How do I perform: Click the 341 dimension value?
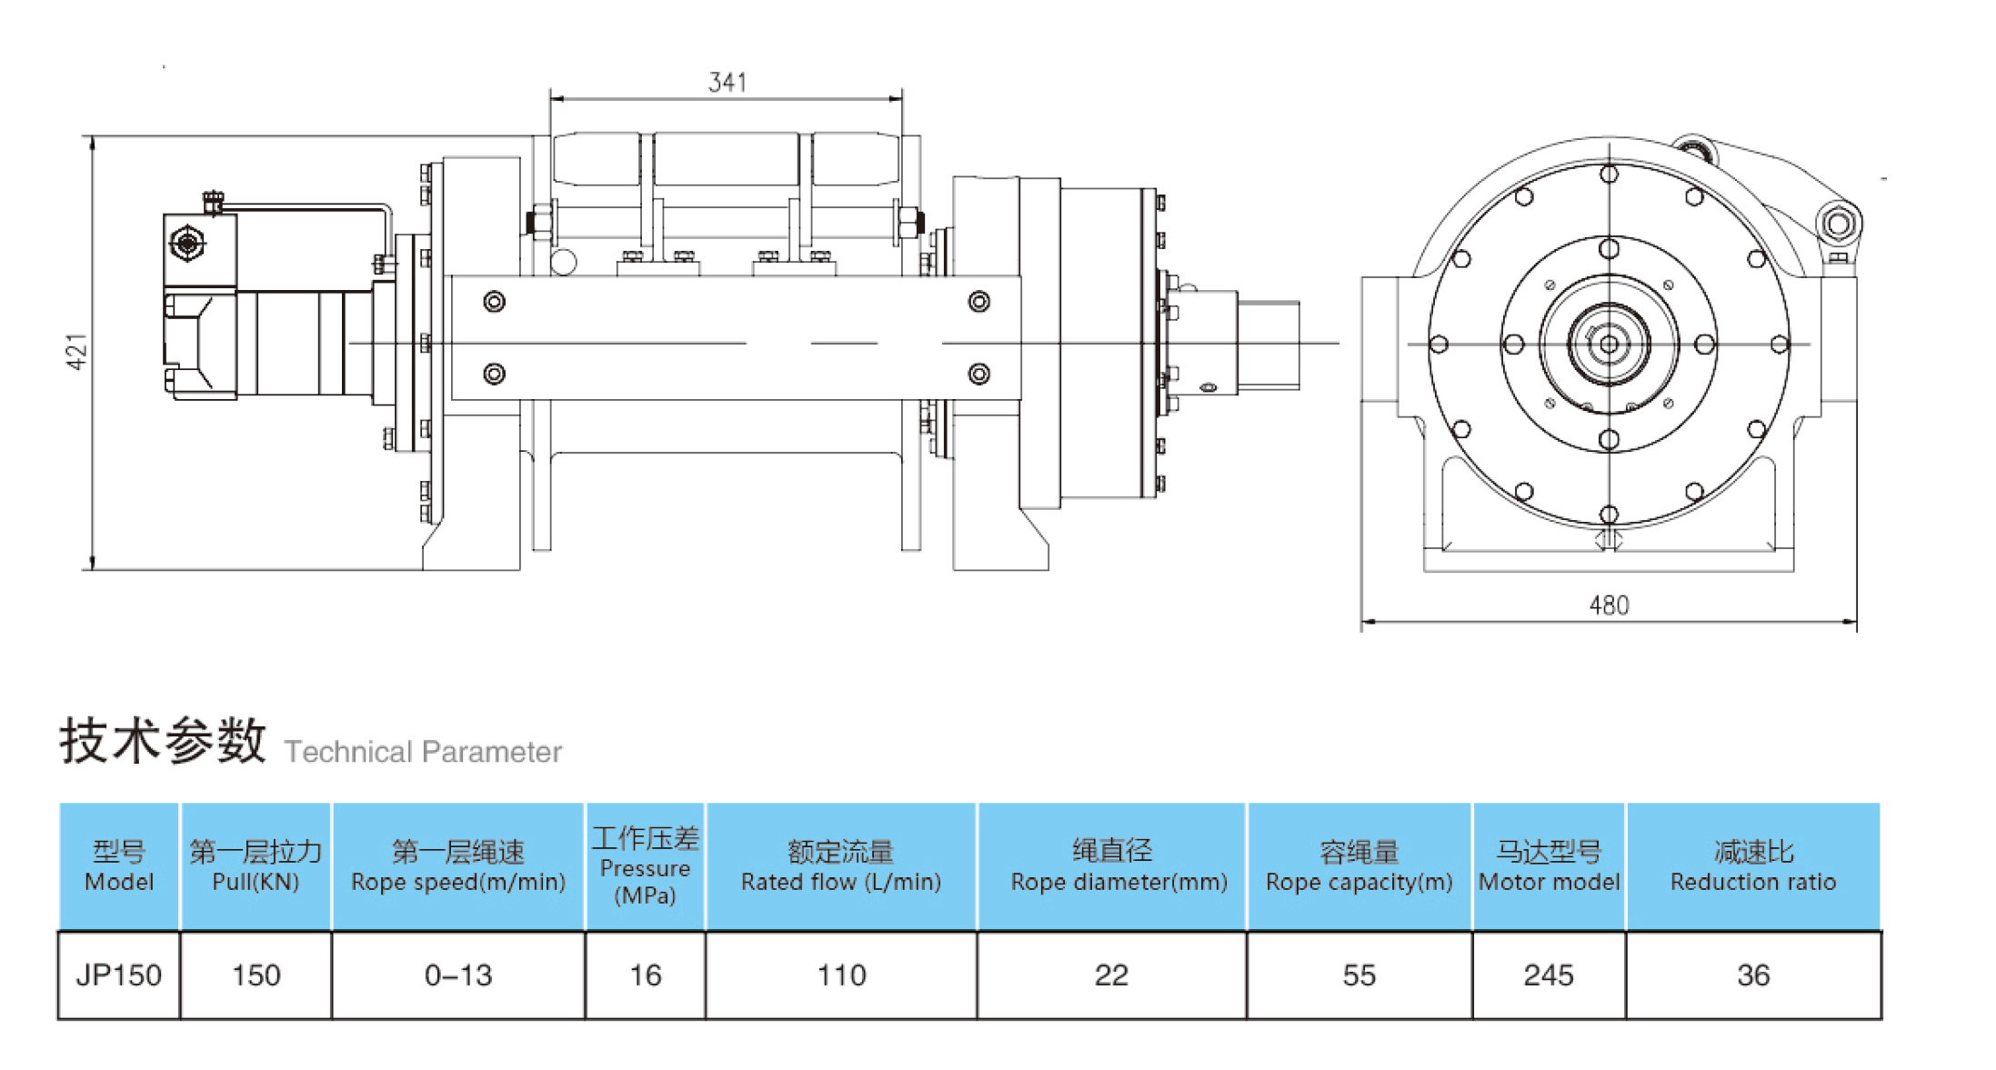(727, 83)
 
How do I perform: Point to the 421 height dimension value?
(77, 352)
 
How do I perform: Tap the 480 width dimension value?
(1608, 605)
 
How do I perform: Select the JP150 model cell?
(118, 975)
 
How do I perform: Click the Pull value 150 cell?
(256, 975)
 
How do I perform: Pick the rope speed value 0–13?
(458, 975)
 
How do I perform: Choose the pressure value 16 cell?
(645, 975)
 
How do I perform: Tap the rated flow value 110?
(841, 975)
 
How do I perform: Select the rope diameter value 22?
(1111, 975)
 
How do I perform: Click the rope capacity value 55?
(1359, 975)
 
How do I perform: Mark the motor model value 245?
(1548, 975)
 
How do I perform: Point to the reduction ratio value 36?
(1752, 975)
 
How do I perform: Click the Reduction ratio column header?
(1752, 866)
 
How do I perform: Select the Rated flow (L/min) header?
(841, 866)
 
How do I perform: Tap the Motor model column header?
(1549, 866)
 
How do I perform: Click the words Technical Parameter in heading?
(423, 752)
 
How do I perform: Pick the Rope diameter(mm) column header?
(1118, 866)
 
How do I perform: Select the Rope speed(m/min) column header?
(458, 866)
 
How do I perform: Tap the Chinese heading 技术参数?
(163, 740)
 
